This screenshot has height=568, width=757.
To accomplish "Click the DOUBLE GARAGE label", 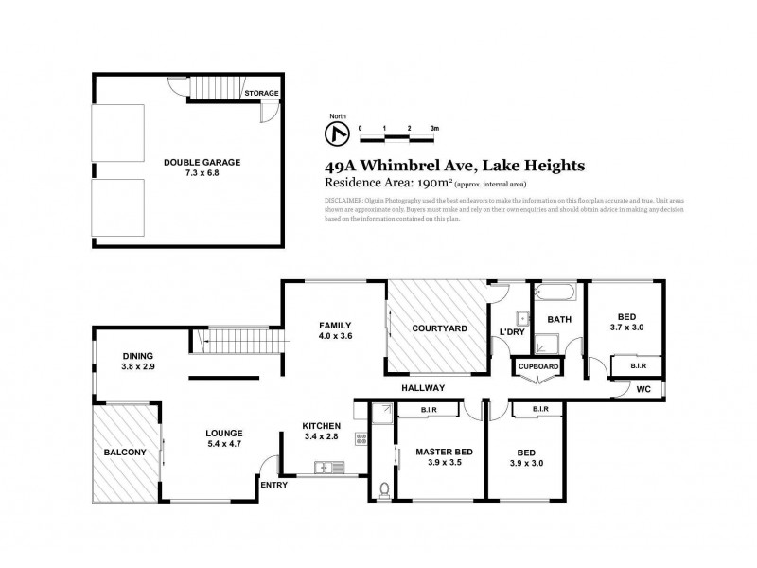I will tap(202, 162).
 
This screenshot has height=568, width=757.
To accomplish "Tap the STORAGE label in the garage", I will tap(261, 94).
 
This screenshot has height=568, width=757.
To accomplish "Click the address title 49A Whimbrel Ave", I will tap(454, 165).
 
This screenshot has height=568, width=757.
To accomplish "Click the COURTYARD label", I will tap(438, 328).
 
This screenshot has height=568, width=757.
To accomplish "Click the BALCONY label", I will tap(124, 453).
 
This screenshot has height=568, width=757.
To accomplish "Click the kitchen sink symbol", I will tap(327, 467).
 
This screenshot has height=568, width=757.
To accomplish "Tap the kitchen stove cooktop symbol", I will tap(361, 438).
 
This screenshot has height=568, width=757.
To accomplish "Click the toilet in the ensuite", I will tap(382, 489).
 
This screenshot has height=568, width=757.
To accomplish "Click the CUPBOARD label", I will tap(537, 366).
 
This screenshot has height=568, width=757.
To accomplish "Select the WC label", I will tap(643, 388).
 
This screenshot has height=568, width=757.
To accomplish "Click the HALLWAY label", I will tap(422, 387).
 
